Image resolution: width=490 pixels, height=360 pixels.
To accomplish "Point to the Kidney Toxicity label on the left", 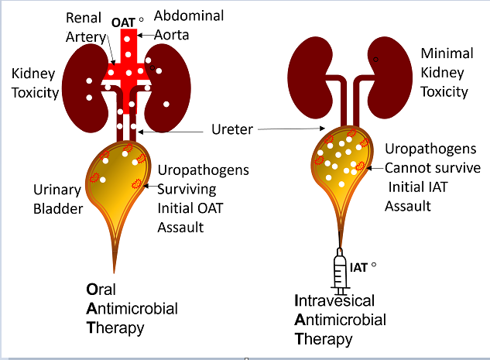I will (35, 83).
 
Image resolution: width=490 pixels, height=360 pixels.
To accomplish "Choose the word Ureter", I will (232, 129).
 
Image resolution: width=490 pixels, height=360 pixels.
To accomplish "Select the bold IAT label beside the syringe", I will (358, 268).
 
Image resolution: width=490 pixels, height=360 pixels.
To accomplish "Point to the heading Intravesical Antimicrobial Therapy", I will (341, 319).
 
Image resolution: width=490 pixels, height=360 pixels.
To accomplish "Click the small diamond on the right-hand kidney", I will (375, 59).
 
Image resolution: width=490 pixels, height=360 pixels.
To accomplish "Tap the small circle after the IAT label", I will (373, 265).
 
